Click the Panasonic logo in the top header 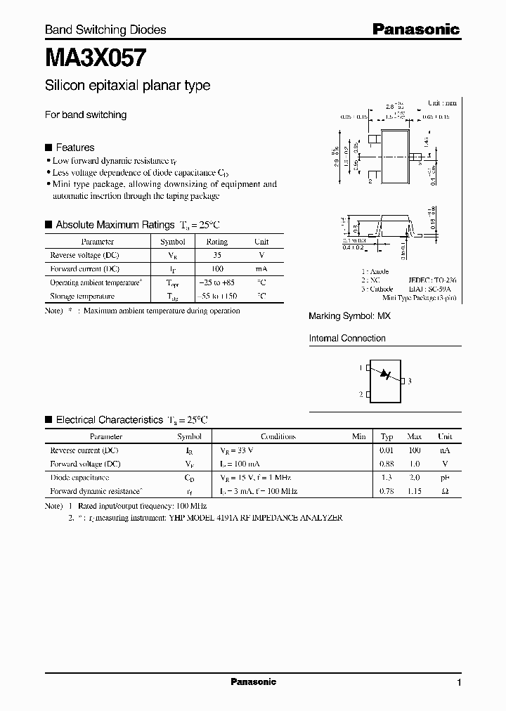point(415,29)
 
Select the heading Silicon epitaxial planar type point(127,86)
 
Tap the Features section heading point(74,148)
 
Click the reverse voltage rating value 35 point(216,255)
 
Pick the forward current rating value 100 point(216,269)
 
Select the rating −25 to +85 point(216,283)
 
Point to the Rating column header point(216,242)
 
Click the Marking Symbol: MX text point(349,317)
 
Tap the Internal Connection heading point(347,339)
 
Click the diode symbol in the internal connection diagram point(384,374)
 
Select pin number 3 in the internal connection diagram point(409,381)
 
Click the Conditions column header point(278,436)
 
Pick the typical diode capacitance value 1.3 point(387,478)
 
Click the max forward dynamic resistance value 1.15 point(414,492)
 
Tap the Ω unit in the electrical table point(445,492)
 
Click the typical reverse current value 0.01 point(387,450)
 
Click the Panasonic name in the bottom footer point(253,682)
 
